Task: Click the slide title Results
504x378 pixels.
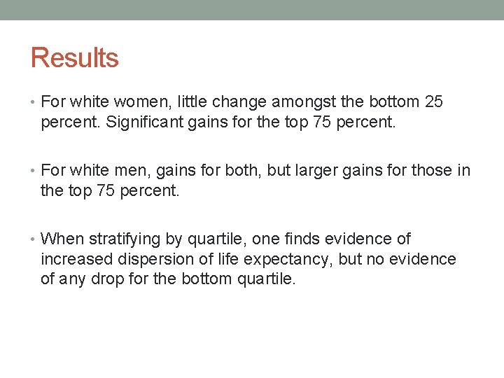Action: (74, 57)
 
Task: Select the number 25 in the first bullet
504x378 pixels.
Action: (434, 102)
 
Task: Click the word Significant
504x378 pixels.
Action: (138, 122)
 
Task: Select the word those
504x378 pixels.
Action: (432, 171)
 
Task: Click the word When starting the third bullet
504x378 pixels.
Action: (62, 239)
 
